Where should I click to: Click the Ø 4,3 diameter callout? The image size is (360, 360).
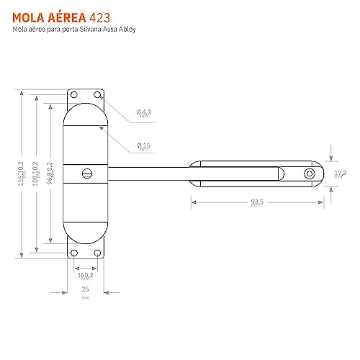coord(143,112)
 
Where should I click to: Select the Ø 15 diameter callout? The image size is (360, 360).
coord(143,146)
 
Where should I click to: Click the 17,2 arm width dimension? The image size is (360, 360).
coord(341,174)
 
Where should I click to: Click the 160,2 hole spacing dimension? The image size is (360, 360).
coord(86,275)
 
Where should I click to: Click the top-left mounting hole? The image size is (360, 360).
coord(74,95)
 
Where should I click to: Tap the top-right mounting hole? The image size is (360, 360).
coord(97,95)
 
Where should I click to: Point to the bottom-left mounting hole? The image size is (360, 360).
coord(74,251)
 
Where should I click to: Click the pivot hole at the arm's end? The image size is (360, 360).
coord(309,174)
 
